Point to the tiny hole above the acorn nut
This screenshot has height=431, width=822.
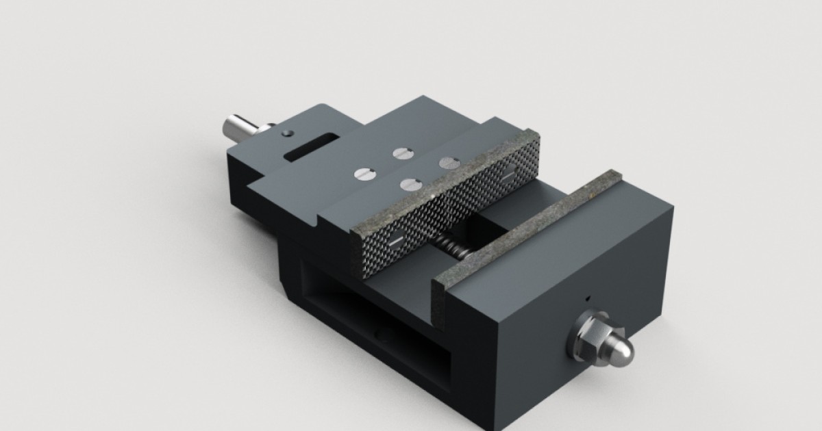coord(587,298)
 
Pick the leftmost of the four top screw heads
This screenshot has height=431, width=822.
coord(363,174)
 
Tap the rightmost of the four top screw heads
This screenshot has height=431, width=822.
coord(449,163)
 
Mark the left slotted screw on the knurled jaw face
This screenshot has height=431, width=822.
coord(395,241)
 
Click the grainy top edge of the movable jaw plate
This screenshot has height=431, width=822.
coord(438,179)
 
